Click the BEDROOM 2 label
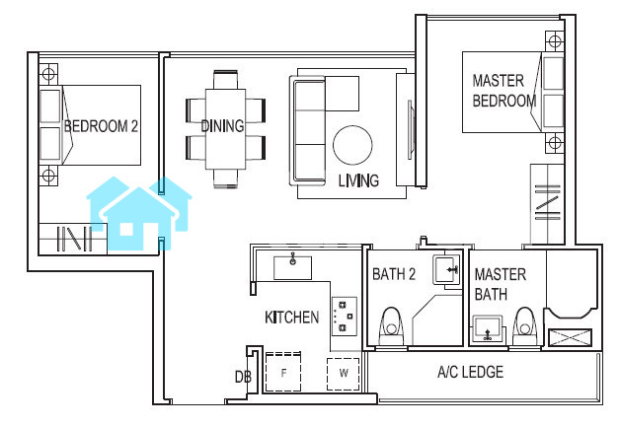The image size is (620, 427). tap(102, 126)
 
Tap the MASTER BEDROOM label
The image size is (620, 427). tap(504, 91)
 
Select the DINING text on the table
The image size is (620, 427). tap(222, 126)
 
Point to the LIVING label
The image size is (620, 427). tap(358, 180)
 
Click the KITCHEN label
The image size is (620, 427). tap(292, 318)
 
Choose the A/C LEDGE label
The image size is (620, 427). tap(471, 372)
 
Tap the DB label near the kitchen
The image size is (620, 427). tap(243, 377)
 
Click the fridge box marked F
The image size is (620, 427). tap(283, 372)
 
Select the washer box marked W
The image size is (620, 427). tap(344, 374)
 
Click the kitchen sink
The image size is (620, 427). tap(292, 268)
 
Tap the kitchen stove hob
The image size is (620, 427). tap(345, 317)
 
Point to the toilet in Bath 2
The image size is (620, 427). tap(391, 327)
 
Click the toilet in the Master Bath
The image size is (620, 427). tap(525, 327)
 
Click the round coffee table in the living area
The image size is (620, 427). tap(352, 145)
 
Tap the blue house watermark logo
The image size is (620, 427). tap(139, 213)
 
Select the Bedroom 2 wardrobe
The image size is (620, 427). tap(73, 239)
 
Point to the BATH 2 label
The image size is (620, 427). tap(394, 274)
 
